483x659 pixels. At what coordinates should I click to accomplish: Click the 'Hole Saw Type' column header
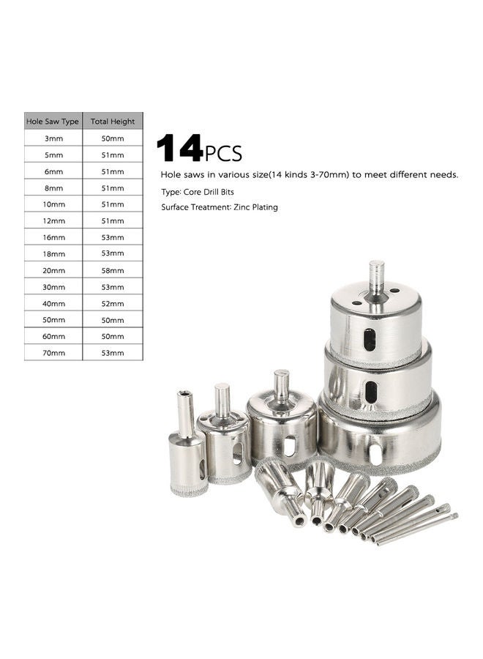(x=53, y=121)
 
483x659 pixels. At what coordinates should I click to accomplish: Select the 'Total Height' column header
(x=113, y=121)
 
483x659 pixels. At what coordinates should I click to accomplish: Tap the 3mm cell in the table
(x=53, y=138)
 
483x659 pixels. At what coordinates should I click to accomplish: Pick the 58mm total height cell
(x=113, y=270)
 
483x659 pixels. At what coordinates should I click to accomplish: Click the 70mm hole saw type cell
(x=53, y=353)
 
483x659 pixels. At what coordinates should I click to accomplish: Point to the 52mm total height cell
(x=113, y=303)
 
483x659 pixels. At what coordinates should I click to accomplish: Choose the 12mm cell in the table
(x=53, y=220)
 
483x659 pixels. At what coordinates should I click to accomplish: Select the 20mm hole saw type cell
(x=53, y=270)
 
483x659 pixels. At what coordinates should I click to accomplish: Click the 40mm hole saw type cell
(x=53, y=303)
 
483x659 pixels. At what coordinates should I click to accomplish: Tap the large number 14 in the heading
(x=179, y=149)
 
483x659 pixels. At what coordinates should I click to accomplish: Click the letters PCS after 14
(x=223, y=153)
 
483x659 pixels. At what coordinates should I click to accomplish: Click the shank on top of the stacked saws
(x=376, y=277)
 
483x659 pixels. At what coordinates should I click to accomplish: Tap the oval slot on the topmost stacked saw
(x=370, y=339)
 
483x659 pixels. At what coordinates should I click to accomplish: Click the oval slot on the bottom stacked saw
(x=375, y=453)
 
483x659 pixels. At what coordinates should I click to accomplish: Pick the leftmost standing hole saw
(x=187, y=450)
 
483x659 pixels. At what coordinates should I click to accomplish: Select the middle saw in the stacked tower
(x=378, y=384)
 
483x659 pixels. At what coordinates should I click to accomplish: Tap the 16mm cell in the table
(x=53, y=237)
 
